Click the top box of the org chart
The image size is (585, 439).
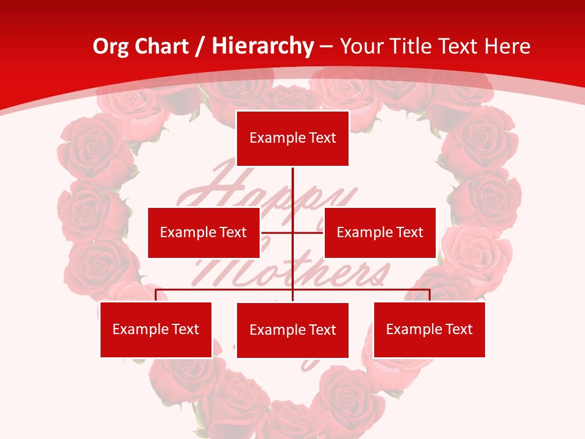pos(292,138)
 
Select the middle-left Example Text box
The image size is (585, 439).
pos(204,232)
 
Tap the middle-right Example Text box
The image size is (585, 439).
pos(380,232)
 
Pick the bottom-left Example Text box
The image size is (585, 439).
pos(156,329)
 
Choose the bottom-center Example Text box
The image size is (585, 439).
pos(292,330)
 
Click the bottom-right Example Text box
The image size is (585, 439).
pos(429,329)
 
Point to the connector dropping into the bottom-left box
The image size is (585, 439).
pos(156,295)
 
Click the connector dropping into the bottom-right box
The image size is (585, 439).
pos(430,295)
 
